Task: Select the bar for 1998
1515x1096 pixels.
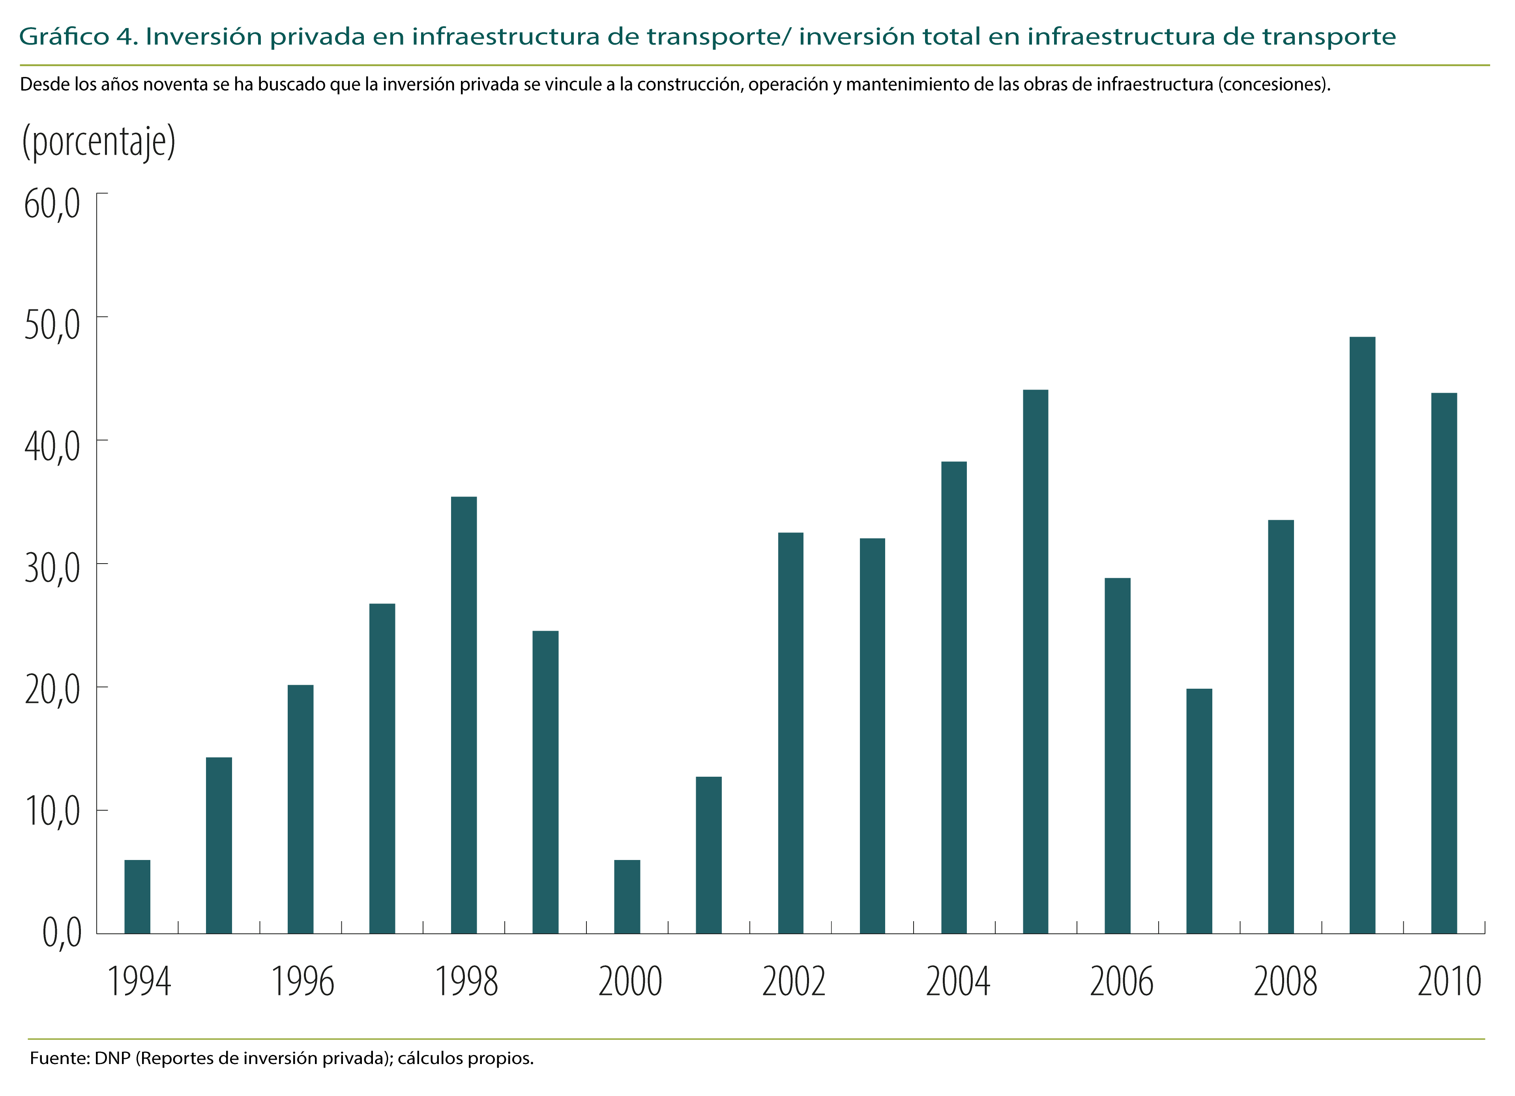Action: pyautogui.click(x=464, y=715)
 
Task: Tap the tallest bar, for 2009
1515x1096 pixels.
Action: pyautogui.click(x=1362, y=635)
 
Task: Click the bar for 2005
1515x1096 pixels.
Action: pyautogui.click(x=1036, y=661)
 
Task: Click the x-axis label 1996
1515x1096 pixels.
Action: pyautogui.click(x=302, y=982)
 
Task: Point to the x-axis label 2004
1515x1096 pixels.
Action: pyautogui.click(x=957, y=982)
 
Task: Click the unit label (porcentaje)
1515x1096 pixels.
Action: pyautogui.click(x=99, y=142)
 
